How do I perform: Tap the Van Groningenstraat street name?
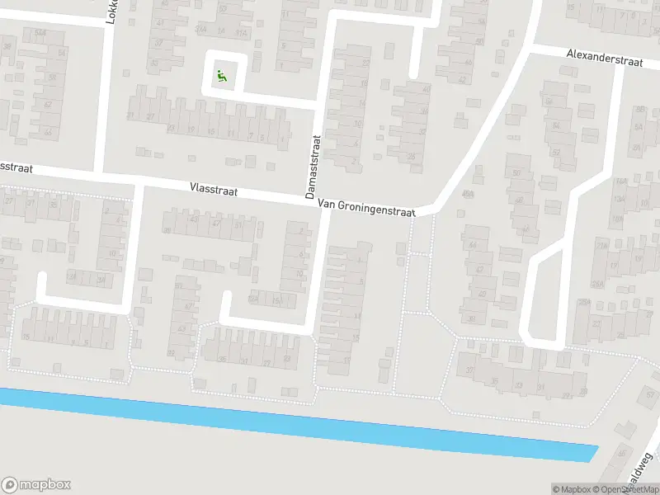365,210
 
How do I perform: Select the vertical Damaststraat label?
312,167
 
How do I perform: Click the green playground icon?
221,78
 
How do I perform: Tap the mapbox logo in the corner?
35,485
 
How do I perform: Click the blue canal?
297,424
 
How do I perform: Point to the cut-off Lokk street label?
111,12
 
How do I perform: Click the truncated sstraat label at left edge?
16,167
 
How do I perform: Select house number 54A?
39,33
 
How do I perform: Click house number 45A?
468,195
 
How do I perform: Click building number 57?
557,152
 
